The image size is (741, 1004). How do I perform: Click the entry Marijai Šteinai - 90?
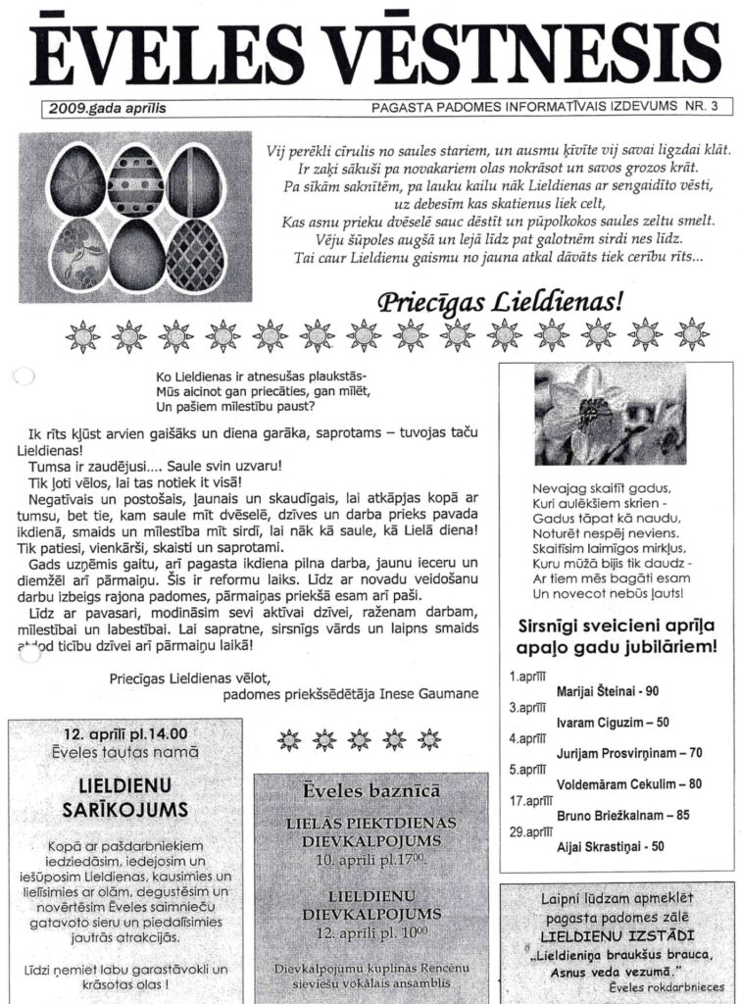click(x=607, y=692)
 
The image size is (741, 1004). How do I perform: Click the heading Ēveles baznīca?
click(x=370, y=790)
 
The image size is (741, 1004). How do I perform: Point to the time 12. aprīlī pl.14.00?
click(x=125, y=732)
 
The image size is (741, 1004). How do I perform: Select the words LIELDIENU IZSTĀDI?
click(x=617, y=937)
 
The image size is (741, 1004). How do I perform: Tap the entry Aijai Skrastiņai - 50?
click(x=610, y=846)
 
